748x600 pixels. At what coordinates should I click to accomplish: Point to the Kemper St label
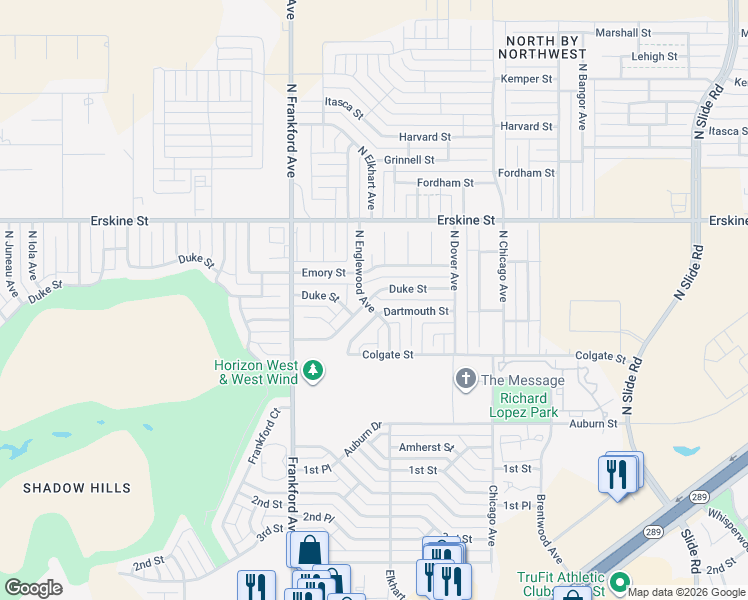(526, 79)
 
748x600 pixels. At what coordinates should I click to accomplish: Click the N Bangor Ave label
(582, 98)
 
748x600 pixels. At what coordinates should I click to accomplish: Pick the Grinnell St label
(409, 160)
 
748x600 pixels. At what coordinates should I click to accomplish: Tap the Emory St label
(323, 273)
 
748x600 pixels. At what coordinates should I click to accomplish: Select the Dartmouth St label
(416, 312)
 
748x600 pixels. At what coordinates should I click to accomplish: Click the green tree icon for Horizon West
(313, 372)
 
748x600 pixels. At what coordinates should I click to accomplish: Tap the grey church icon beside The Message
(465, 380)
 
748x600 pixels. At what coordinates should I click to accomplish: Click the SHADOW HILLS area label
(77, 488)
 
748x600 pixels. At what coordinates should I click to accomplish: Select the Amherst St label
(427, 448)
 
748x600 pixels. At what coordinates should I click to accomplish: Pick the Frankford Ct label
(264, 436)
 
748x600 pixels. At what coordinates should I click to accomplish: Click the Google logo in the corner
(33, 588)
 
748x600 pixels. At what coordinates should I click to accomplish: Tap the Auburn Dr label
(363, 438)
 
